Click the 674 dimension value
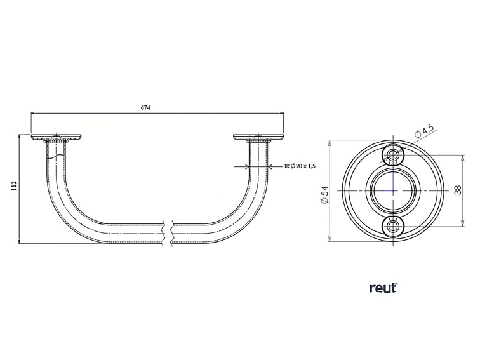tap(145, 109)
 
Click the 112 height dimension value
tap(13, 185)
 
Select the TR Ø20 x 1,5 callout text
tap(300, 167)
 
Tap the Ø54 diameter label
tap(323, 194)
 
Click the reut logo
tap(383, 288)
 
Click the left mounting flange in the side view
tap(57, 137)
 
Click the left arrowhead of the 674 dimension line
tap(34, 115)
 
